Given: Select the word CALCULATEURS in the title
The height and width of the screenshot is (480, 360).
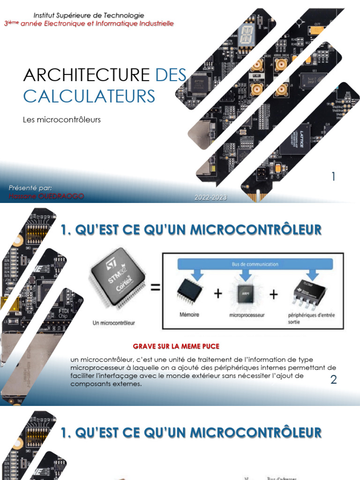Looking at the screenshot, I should pos(89,96).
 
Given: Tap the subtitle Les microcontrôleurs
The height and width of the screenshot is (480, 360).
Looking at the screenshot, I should pos(62,120).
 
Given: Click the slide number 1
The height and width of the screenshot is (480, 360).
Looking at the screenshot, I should pos(333,177).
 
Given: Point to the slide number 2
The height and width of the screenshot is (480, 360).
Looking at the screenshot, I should pos(333,380).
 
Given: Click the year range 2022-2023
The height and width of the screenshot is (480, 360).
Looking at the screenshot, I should pos(211,198).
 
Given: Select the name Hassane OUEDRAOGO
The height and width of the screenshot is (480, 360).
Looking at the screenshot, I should pos(46,196).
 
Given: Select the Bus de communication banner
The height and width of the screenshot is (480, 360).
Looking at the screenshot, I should pos(255,264).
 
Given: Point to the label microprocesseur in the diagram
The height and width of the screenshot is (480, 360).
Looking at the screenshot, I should pos(247,315).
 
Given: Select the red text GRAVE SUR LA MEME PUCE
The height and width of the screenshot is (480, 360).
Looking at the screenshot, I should pos(176,346).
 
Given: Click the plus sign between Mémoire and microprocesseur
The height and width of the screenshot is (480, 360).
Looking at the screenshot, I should pos(217,294).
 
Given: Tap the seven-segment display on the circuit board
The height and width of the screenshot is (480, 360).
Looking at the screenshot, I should pos(246,35).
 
